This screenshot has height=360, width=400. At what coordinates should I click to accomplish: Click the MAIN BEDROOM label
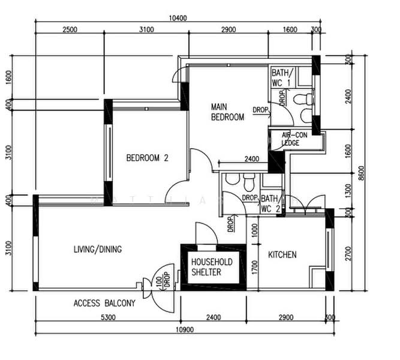pyautogui.click(x=227, y=112)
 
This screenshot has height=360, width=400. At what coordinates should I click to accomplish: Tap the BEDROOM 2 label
pyautogui.click(x=147, y=158)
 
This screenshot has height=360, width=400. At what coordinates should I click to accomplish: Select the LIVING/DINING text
pyautogui.click(x=98, y=249)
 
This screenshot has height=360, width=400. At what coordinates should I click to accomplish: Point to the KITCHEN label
pyautogui.click(x=282, y=254)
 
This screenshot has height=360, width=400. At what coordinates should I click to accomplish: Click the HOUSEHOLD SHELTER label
pyautogui.click(x=212, y=267)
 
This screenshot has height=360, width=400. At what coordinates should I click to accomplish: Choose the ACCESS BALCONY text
pyautogui.click(x=104, y=304)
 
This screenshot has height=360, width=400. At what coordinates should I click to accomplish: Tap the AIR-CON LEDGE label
pyautogui.click(x=294, y=139)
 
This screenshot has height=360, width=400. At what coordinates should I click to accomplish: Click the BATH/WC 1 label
pyautogui.click(x=282, y=78)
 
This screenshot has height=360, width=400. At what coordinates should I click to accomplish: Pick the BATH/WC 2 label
pyautogui.click(x=270, y=204)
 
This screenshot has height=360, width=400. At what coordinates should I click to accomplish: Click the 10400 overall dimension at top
pyautogui.click(x=178, y=18)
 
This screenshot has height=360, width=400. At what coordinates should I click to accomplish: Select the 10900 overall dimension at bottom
pyautogui.click(x=185, y=329)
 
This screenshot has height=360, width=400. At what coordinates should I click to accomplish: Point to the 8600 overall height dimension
pyautogui.click(x=362, y=173)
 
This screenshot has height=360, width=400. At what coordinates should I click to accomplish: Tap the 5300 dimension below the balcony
pyautogui.click(x=108, y=317)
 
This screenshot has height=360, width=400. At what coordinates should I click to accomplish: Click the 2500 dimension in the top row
pyautogui.click(x=70, y=29)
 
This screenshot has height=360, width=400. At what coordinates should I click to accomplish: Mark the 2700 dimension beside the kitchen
pyautogui.click(x=348, y=254)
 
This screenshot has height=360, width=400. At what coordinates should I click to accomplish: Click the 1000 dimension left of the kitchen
pyautogui.click(x=255, y=230)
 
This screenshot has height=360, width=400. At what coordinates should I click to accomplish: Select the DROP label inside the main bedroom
pyautogui.click(x=260, y=110)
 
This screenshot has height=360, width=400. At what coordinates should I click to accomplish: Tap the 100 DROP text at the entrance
pyautogui.click(x=163, y=280)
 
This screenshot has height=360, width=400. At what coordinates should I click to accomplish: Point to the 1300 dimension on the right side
pyautogui.click(x=348, y=190)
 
